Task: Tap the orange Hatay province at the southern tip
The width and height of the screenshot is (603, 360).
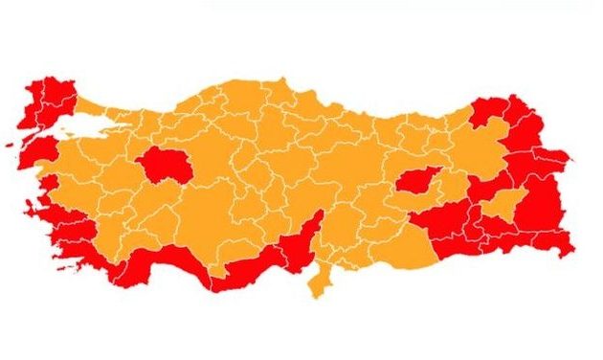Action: point(318,279)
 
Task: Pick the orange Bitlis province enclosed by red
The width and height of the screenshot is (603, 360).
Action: point(506,204)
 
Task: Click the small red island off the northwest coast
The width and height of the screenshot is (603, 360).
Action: point(12,145)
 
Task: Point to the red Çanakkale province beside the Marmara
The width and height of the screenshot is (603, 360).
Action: point(35,150)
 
